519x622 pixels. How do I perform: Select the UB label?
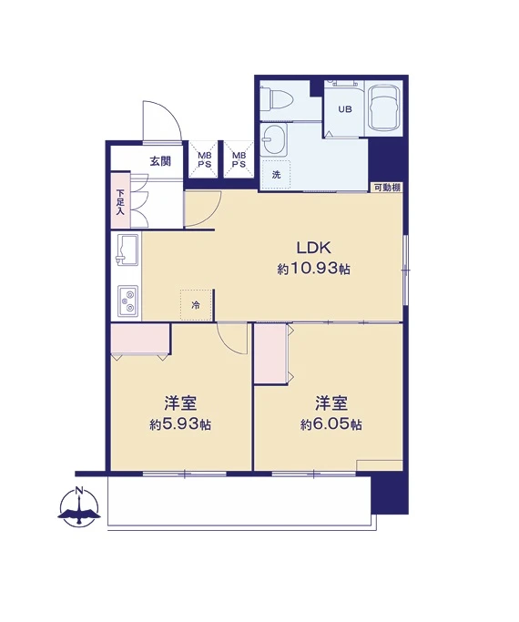[x=344, y=109]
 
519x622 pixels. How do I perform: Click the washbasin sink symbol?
[x=274, y=139]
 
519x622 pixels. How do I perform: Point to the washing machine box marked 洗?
[x=276, y=175]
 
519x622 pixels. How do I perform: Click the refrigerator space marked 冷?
[x=196, y=305]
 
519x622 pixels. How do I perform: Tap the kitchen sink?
[x=127, y=250]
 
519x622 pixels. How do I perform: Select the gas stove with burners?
[x=128, y=301]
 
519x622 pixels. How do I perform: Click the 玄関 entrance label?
[x=159, y=161]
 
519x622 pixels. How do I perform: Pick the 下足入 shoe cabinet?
[x=120, y=201]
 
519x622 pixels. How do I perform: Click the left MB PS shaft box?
[x=204, y=159]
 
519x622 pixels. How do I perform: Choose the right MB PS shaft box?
[x=239, y=159]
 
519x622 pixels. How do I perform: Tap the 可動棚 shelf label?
[x=387, y=188]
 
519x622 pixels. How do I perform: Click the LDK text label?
[x=313, y=248]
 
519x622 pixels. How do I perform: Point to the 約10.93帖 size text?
[x=313, y=270]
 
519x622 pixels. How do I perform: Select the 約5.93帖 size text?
[x=180, y=425]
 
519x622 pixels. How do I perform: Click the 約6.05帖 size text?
[x=331, y=425]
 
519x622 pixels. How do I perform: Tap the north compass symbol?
[x=80, y=507]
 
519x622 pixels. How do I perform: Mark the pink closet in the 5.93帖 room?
[x=140, y=339]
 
